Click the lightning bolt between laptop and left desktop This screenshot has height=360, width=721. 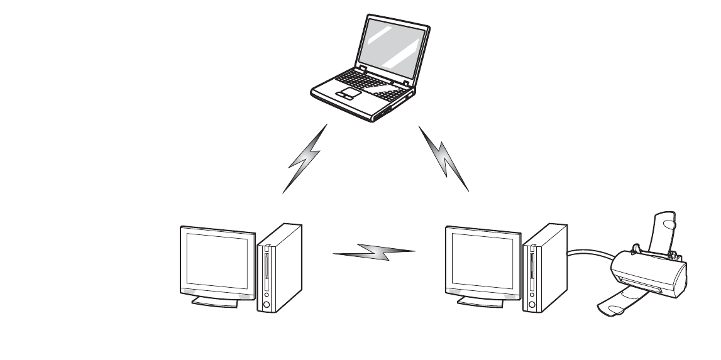[x=305, y=158]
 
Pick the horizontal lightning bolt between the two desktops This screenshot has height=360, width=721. [x=375, y=253]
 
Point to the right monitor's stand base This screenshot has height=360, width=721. [x=480, y=302]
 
